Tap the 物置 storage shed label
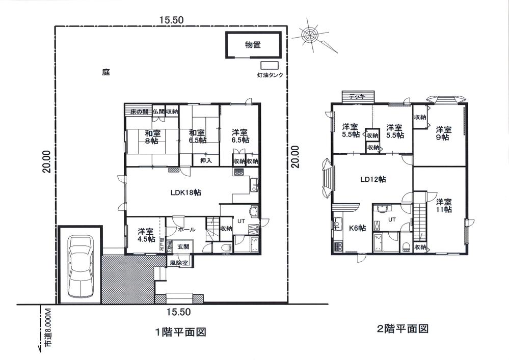(x=253, y=45)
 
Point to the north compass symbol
(x=311, y=35)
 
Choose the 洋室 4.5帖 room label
(x=146, y=235)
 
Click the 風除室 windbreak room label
(x=180, y=263)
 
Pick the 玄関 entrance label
(x=183, y=246)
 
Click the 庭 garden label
(x=106, y=72)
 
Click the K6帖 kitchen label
(x=357, y=228)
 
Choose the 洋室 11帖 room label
(x=443, y=205)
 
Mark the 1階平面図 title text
(x=180, y=332)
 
